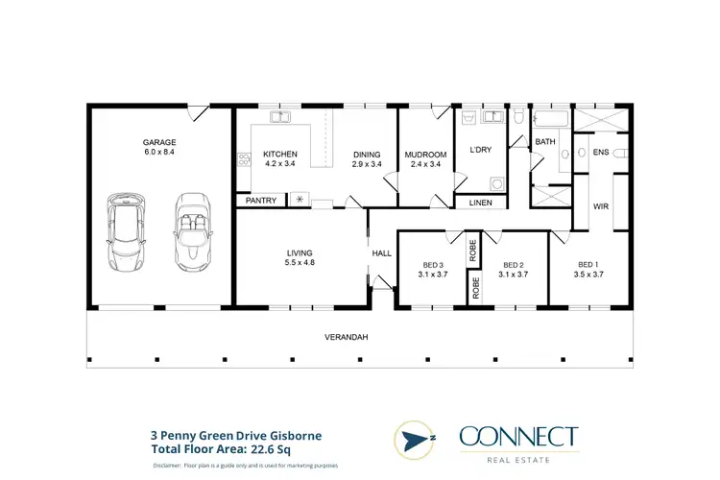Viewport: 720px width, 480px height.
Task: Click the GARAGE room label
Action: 160,147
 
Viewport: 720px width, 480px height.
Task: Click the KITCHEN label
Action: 280,158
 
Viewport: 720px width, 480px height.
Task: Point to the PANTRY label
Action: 261,201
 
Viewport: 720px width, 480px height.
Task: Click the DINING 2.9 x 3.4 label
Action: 367,158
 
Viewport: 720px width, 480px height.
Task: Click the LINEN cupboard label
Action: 480,204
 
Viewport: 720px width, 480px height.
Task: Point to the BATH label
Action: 545,142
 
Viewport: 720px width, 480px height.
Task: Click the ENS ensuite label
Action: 601,153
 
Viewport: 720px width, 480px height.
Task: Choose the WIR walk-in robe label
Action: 602,205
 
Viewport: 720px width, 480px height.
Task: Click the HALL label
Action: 381,253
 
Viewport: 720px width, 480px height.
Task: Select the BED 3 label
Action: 433,269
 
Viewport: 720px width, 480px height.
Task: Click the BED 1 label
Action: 588,269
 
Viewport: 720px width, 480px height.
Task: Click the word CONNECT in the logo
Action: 518,438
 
